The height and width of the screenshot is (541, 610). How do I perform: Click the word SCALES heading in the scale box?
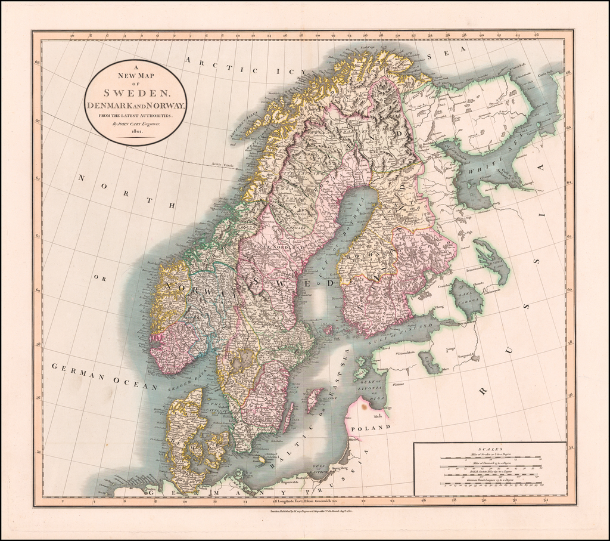click(490, 448)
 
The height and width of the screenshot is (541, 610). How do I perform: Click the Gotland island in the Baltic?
click(314, 399)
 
